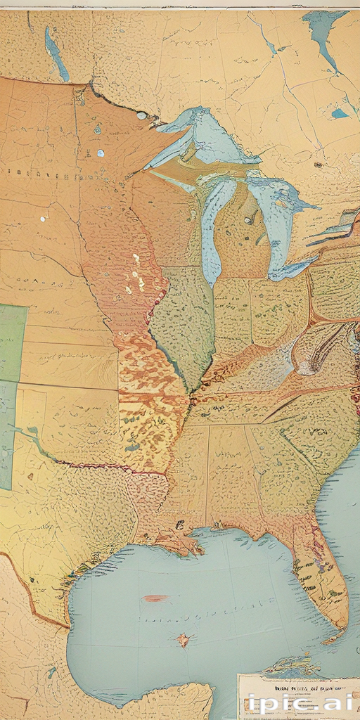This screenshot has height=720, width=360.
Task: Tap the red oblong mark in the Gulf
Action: point(155,598)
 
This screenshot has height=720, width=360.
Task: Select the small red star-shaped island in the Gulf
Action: point(184,639)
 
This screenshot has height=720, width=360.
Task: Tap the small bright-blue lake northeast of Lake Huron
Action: point(340,112)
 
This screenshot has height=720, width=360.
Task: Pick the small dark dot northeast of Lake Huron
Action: point(318,165)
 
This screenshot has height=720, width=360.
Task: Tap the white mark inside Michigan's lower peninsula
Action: point(248,220)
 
